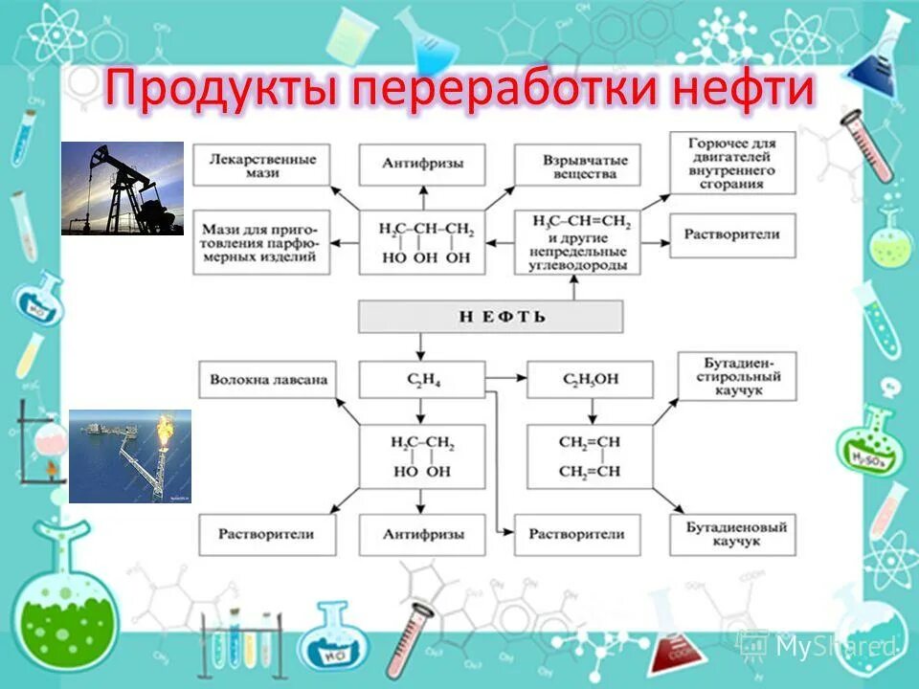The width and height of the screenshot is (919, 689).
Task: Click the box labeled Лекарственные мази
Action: pyautogui.click(x=260, y=165)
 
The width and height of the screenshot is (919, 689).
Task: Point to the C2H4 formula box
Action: pyautogui.click(x=421, y=380)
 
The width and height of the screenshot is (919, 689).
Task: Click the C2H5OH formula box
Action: pyautogui.click(x=590, y=380)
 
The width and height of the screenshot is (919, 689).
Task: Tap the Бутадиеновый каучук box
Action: pyautogui.click(x=732, y=534)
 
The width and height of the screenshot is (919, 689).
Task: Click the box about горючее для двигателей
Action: pyautogui.click(x=732, y=163)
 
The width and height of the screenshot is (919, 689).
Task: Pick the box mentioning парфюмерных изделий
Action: pyautogui.click(x=260, y=243)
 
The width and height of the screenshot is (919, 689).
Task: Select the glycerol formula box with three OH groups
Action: pyautogui.click(x=421, y=243)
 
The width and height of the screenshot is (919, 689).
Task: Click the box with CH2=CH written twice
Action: pyautogui.click(x=590, y=456)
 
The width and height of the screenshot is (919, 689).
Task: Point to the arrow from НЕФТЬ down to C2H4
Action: pyautogui.click(x=421, y=345)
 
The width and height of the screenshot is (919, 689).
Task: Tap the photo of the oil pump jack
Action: pyautogui.click(x=123, y=189)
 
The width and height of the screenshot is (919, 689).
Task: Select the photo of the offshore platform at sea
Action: pyautogui.click(x=130, y=456)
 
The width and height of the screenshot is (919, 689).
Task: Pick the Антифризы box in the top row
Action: pyautogui.click(x=421, y=165)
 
